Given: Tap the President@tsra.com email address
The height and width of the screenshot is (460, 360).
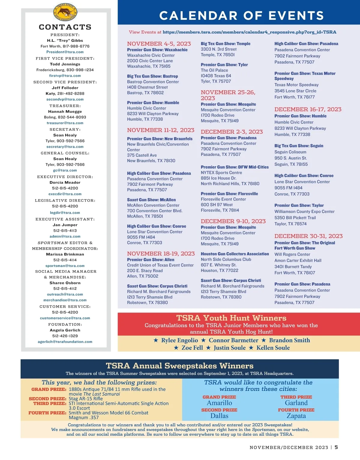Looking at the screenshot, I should point(65,52).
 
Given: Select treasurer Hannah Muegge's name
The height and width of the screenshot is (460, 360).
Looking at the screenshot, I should point(65,111).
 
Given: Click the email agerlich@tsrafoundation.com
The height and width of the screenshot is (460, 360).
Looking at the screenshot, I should point(65,342).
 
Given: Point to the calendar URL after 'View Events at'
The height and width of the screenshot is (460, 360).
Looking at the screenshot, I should point(249,32).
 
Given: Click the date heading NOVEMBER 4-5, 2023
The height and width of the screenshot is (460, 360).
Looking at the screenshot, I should point(159,44).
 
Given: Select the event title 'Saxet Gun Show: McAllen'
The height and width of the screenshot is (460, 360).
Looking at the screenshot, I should point(151,200).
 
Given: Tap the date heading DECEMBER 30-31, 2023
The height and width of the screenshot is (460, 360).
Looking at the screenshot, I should point(308,236).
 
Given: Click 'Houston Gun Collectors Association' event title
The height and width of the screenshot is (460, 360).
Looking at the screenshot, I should point(235,254).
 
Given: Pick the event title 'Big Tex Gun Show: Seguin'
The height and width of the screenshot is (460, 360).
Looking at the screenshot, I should point(299,146).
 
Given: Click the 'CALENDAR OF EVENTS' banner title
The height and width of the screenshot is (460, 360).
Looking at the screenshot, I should point(241,16).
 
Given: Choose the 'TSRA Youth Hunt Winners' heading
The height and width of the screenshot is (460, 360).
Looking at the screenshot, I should point(231,318).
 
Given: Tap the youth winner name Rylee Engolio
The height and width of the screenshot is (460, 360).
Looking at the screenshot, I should point(179,340).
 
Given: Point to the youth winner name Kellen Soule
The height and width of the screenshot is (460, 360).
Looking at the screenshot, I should point(273,348).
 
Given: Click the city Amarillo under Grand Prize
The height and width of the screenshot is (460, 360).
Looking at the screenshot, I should point(219,403).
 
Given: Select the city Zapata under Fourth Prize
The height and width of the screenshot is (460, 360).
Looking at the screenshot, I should point(296,416).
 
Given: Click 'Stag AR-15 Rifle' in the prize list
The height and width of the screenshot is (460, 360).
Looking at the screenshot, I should point(85,399).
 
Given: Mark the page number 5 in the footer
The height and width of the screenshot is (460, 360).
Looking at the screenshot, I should point(336,447).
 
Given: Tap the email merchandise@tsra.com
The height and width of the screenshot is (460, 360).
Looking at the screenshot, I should point(65,300).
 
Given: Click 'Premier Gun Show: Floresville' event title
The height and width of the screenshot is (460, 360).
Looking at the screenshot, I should point(229,194).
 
